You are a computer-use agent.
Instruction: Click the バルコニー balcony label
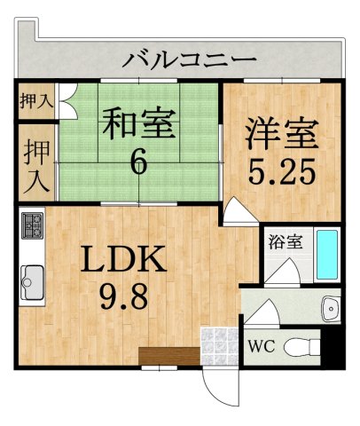pos(190,60)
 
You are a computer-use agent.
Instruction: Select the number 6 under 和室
pos(139,162)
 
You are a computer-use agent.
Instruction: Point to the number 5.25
pos(281,170)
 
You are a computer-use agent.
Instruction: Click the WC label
pos(262,345)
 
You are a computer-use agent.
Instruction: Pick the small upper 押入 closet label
pos(35,100)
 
